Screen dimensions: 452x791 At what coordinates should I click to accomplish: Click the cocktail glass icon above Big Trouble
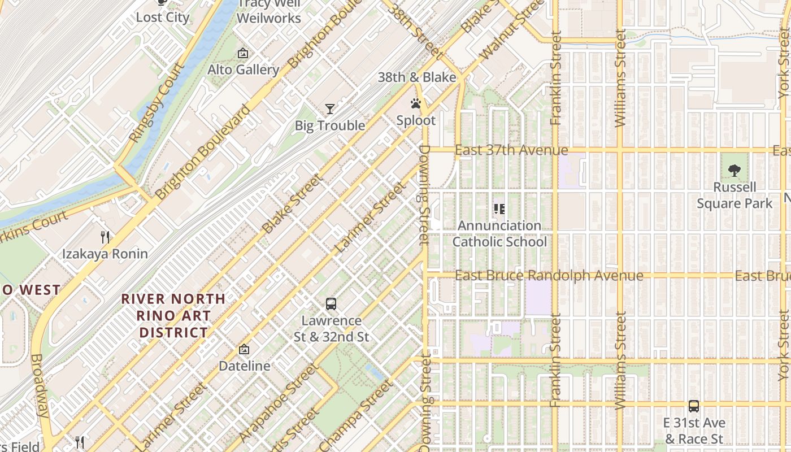click(x=330, y=108)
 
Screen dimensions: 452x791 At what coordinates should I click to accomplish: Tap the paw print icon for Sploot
click(x=416, y=104)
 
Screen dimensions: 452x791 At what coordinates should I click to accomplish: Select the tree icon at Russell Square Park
click(x=734, y=169)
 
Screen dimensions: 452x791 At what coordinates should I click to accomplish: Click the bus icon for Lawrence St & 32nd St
click(x=331, y=304)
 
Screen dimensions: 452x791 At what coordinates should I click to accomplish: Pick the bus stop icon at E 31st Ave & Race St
click(x=694, y=406)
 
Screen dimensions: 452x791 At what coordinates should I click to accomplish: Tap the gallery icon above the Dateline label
click(x=244, y=349)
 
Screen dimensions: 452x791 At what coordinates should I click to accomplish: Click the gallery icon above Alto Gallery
click(x=243, y=53)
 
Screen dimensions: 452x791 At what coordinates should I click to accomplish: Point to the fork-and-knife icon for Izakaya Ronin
click(x=105, y=237)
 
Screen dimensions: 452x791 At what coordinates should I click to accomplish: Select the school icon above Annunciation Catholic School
click(x=499, y=209)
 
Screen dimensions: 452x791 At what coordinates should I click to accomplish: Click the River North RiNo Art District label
click(x=174, y=315)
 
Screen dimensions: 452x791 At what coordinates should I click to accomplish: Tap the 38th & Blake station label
click(x=417, y=77)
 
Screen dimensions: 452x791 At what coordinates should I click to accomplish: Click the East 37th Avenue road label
click(x=511, y=150)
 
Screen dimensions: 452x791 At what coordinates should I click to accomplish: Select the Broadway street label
click(x=40, y=385)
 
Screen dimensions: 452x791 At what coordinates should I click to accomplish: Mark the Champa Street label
click(x=356, y=415)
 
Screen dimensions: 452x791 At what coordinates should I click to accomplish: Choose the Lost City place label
click(x=163, y=17)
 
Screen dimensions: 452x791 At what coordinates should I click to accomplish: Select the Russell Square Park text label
click(x=734, y=195)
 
